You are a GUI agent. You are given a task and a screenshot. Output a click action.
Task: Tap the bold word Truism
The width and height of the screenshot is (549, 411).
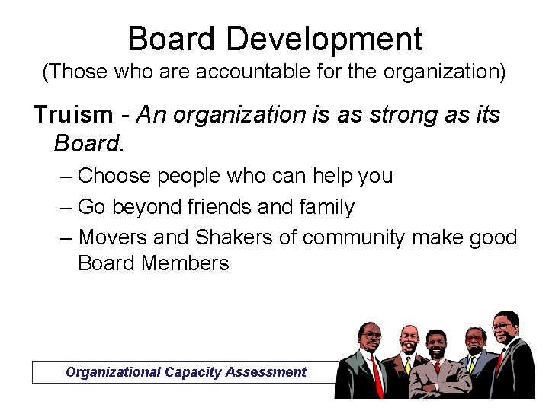[x=72, y=115]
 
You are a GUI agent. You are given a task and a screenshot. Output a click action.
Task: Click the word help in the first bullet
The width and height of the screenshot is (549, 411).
[x=329, y=176]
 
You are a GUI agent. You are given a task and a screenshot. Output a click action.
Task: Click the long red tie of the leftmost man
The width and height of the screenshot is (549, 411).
[x=377, y=376]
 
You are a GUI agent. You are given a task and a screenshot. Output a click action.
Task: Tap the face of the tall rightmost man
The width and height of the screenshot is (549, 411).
[x=503, y=329]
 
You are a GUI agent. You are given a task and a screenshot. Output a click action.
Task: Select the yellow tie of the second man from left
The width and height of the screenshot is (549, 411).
[x=408, y=366]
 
